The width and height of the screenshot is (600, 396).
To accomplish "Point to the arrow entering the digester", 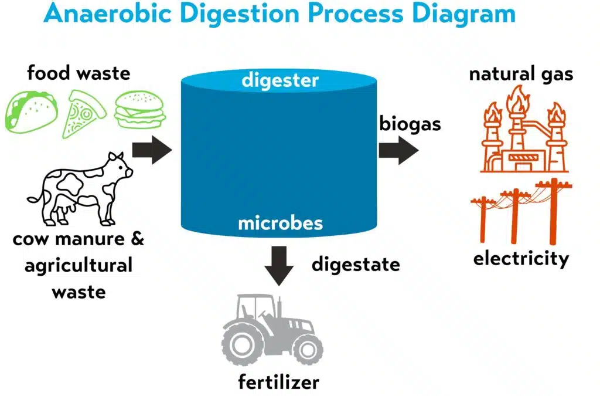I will click(x=152, y=151).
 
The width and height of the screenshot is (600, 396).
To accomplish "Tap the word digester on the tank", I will click(x=280, y=80).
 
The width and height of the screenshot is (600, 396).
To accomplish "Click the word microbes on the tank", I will click(x=280, y=223).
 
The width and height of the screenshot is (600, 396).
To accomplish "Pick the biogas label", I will click(x=410, y=124).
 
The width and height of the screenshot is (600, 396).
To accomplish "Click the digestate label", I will click(x=356, y=265).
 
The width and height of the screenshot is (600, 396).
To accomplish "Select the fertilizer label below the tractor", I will click(x=278, y=383).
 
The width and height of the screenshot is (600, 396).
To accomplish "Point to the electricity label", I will click(x=521, y=259).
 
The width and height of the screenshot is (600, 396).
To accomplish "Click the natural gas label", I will click(x=521, y=75).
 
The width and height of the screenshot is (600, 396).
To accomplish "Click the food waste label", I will click(x=79, y=73).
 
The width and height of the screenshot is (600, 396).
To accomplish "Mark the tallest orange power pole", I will click(x=553, y=211).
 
